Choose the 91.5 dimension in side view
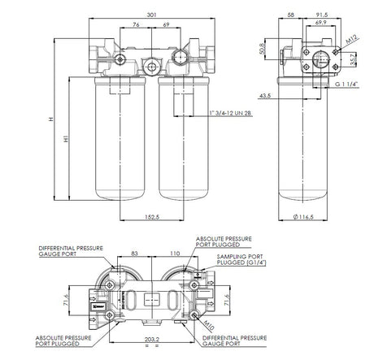(321, 13)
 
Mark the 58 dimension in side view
(290, 13)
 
